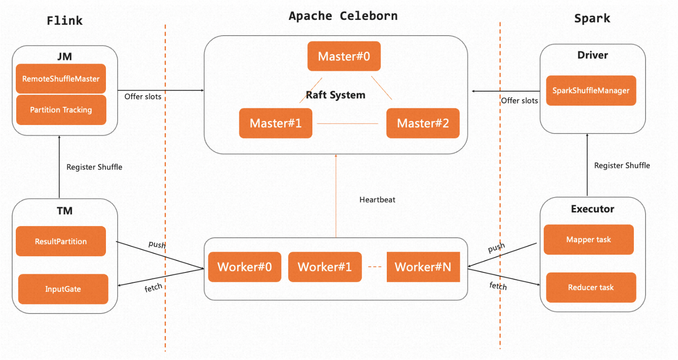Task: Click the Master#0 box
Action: (344, 56)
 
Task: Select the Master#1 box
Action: (275, 123)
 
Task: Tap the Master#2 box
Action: (423, 123)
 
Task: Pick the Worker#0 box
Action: (244, 267)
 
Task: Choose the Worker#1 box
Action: (325, 267)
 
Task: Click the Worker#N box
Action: (423, 267)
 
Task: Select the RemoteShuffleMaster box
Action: (61, 78)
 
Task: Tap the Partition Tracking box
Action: (61, 110)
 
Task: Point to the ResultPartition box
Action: (61, 241)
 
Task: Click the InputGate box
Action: (63, 289)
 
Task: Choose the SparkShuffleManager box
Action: (591, 90)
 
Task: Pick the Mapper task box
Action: (589, 239)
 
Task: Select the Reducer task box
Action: (591, 287)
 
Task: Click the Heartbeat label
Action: (377, 199)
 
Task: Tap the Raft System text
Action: (335, 95)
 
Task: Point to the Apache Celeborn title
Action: (343, 16)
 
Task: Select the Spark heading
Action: (592, 18)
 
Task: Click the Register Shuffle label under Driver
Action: (622, 166)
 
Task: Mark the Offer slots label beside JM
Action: (142, 96)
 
